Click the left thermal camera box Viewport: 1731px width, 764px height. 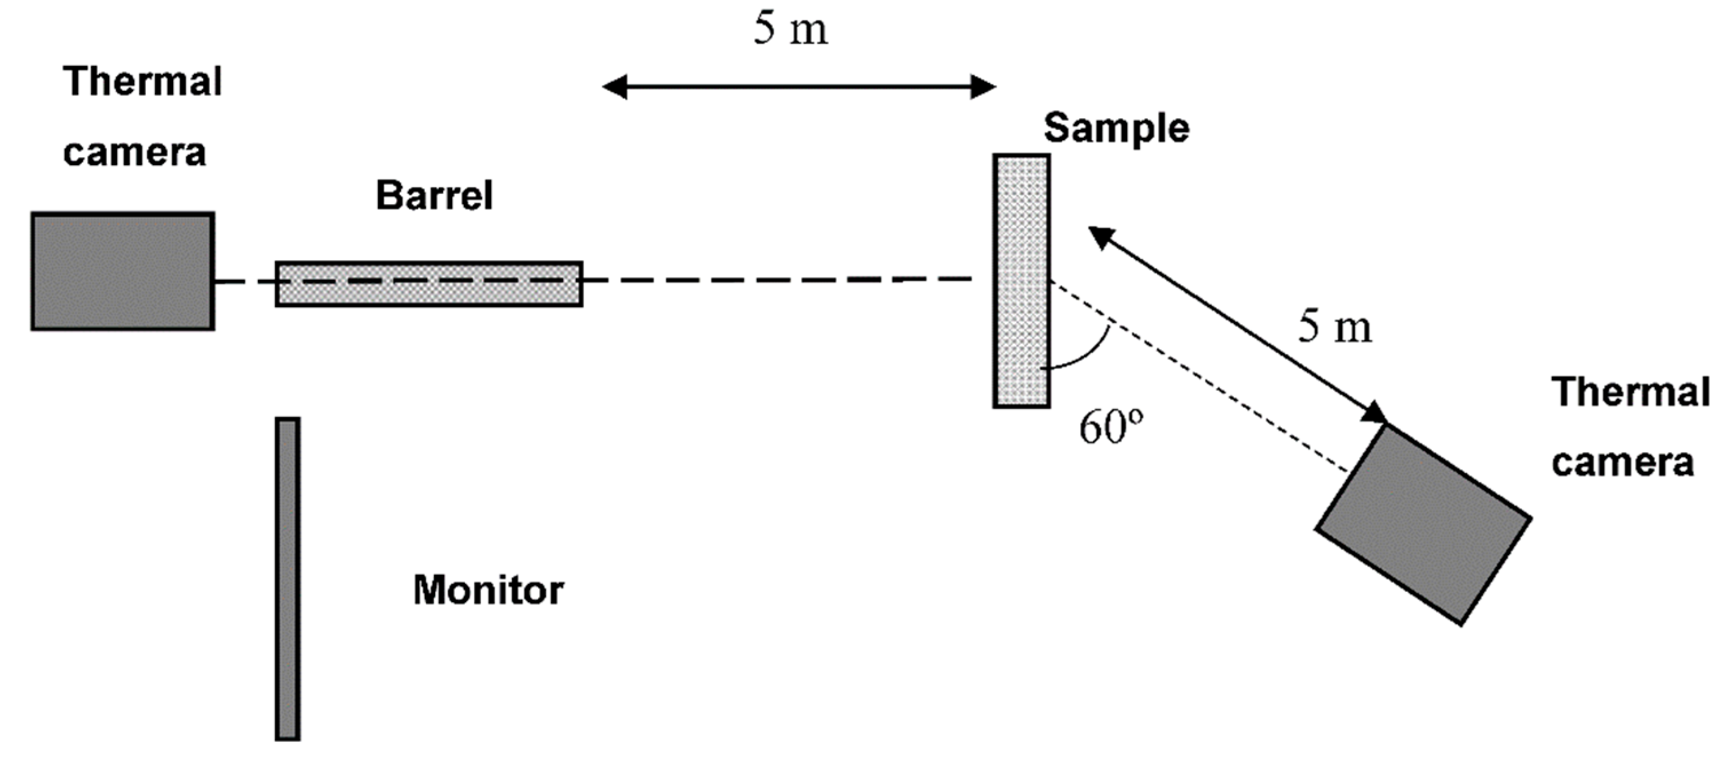click(x=123, y=272)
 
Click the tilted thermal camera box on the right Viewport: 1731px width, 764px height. click(x=1423, y=525)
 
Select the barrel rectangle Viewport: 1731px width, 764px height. click(x=429, y=284)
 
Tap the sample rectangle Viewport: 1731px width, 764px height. click(x=1021, y=281)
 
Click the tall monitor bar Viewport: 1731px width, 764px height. click(x=288, y=579)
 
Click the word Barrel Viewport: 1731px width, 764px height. click(x=434, y=196)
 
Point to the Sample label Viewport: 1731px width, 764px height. click(x=1116, y=128)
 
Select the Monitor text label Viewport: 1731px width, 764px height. click(x=488, y=591)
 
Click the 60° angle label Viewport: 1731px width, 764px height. click(x=1110, y=427)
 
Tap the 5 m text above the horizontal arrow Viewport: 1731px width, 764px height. click(x=790, y=30)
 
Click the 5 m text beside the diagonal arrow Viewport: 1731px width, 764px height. click(x=1335, y=328)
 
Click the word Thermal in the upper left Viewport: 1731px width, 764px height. click(x=142, y=82)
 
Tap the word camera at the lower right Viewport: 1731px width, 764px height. click(x=1623, y=463)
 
